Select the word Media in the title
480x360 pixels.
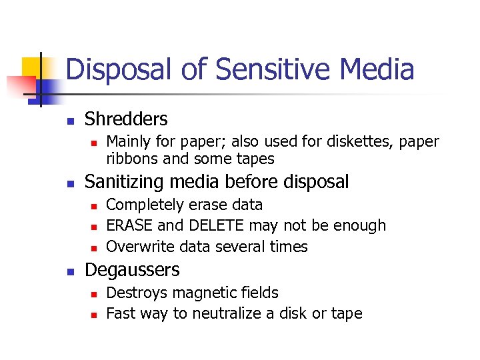point(378,69)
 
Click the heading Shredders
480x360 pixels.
point(126,119)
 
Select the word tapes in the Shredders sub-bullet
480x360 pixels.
point(257,159)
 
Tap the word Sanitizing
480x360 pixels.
point(126,181)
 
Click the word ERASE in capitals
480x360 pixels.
point(130,225)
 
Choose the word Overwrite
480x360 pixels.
point(137,247)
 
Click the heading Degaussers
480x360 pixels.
point(132,270)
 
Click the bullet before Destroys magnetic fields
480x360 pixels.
point(94,293)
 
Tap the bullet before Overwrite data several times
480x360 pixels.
point(94,247)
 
